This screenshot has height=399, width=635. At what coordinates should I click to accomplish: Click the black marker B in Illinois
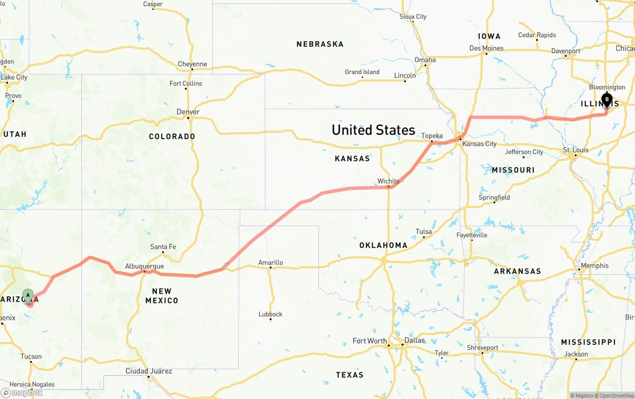point(606,100)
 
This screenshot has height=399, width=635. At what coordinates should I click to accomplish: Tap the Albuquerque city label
point(144,266)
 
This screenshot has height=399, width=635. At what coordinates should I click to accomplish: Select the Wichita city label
point(388,181)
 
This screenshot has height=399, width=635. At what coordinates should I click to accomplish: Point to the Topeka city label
point(432,136)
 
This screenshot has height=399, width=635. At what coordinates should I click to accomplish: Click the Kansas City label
point(479,144)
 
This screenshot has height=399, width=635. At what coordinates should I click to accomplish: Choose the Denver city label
point(188,112)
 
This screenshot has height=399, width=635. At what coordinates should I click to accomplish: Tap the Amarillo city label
point(270,262)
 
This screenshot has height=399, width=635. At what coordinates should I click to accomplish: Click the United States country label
point(373,130)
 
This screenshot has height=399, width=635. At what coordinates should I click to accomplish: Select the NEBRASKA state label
point(320,44)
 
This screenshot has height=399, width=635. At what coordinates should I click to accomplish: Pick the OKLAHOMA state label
point(383,245)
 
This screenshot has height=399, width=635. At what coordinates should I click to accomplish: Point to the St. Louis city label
point(575,150)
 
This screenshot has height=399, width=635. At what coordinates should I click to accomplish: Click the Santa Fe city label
point(163,246)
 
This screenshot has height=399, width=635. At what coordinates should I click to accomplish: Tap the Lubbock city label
point(270,314)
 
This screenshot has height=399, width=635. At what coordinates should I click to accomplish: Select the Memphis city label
point(594,265)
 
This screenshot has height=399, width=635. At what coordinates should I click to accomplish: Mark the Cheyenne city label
point(192,64)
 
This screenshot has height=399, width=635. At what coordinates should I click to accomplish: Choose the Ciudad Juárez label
point(149,371)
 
